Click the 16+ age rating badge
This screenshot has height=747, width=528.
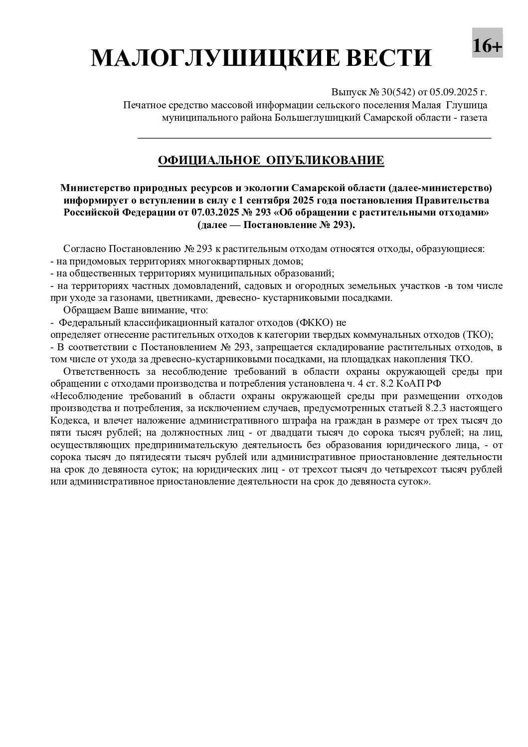point(487,46)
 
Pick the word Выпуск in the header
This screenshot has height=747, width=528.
point(349,92)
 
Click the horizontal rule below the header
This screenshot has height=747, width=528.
point(314,138)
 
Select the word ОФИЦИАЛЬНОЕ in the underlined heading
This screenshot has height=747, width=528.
point(209,160)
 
